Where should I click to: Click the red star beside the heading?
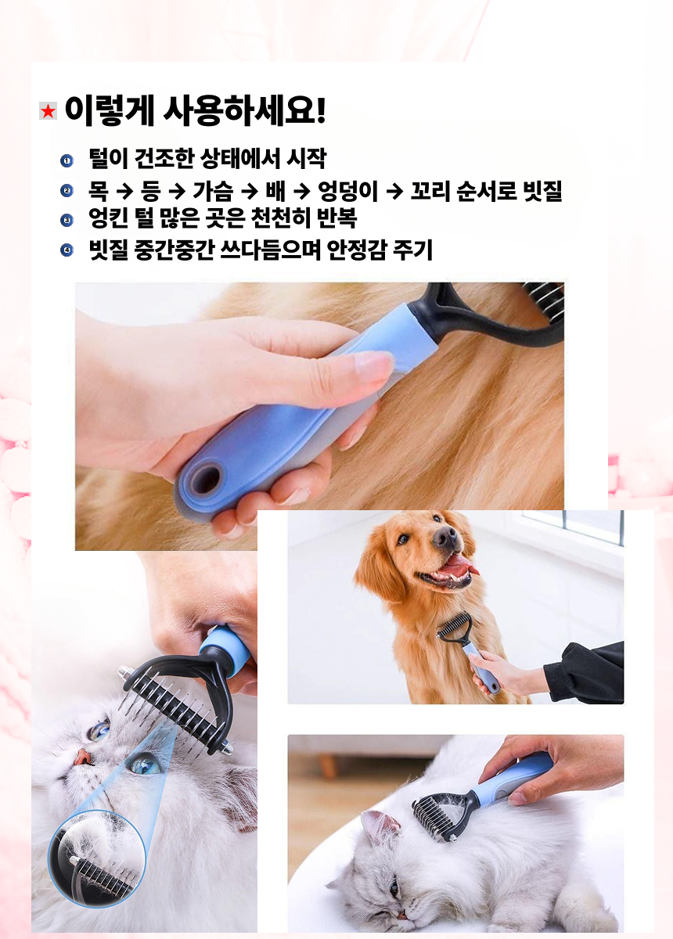(x=49, y=111)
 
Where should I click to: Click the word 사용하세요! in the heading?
(x=244, y=110)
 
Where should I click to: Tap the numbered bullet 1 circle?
(x=67, y=160)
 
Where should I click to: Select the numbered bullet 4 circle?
(x=67, y=250)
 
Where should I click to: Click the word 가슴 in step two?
(x=213, y=191)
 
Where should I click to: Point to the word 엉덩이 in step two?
(x=348, y=191)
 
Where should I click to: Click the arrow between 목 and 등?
(x=124, y=192)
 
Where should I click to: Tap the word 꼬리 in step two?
(x=430, y=191)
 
